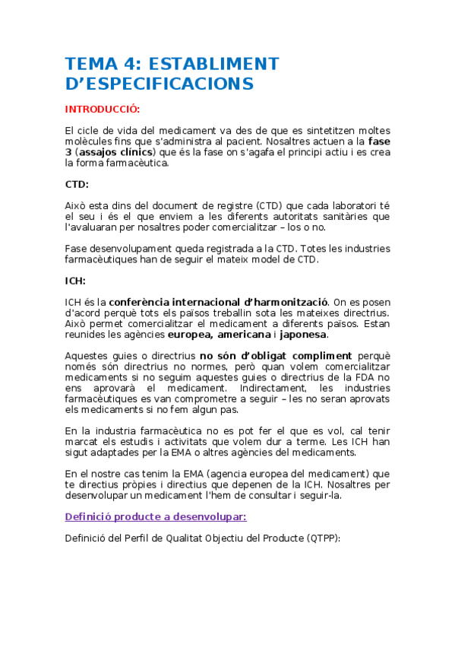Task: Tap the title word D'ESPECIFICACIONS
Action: pyautogui.click(x=160, y=83)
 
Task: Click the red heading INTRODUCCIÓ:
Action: pyautogui.click(x=103, y=108)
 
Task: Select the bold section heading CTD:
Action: pyautogui.click(x=77, y=183)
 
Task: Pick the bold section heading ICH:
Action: pyautogui.click(x=76, y=281)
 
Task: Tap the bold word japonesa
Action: pyautogui.click(x=303, y=335)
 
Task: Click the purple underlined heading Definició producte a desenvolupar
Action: pyautogui.click(x=155, y=517)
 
